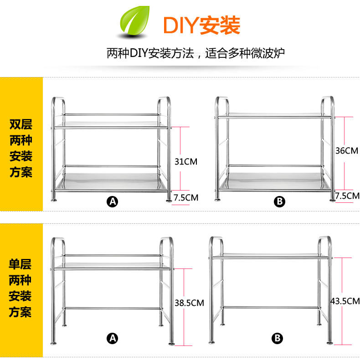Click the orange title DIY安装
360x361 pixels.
[201, 26]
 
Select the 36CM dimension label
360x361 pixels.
[347, 150]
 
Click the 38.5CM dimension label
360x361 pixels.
[189, 302]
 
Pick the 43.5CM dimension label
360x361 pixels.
[345, 301]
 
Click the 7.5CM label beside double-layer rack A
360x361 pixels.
[186, 197]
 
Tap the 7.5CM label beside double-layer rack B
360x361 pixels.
[347, 196]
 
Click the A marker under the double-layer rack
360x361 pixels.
[112, 201]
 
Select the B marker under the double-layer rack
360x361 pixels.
[279, 201]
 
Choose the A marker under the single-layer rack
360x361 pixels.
[112, 338]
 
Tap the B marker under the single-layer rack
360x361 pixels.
[278, 338]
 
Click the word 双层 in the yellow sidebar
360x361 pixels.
[21, 124]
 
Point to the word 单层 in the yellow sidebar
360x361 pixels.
[21, 264]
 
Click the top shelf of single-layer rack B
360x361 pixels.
[270, 257]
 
